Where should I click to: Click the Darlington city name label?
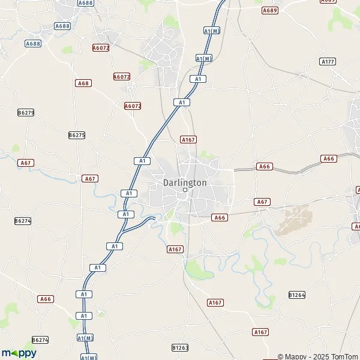(185, 182)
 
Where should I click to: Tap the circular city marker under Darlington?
(185, 190)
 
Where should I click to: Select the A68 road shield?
(83, 83)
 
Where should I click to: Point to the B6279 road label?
(26, 112)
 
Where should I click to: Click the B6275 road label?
(77, 135)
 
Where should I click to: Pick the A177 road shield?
(328, 62)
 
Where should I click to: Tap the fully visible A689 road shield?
(271, 10)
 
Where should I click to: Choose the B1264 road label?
(297, 295)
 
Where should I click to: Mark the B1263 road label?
(180, 347)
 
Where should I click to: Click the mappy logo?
(19, 353)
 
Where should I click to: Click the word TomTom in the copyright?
(344, 356)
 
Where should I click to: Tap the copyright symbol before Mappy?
(280, 356)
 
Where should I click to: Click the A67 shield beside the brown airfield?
(262, 202)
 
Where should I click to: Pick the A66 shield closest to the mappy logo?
(46, 299)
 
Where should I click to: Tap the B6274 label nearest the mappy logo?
(40, 340)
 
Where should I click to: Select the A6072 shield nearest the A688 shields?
(101, 47)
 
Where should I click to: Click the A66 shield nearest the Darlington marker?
(220, 218)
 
